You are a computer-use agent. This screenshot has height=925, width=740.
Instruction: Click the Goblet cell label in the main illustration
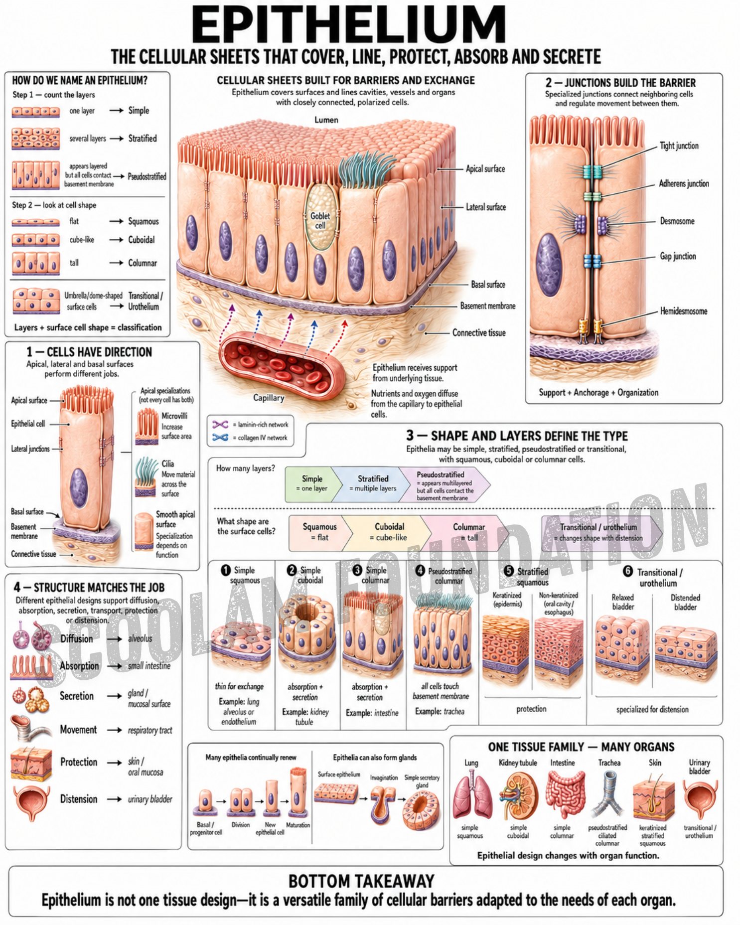(320, 220)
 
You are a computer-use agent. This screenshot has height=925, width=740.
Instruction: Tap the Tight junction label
(679, 146)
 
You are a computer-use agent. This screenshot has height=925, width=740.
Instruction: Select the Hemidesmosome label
(683, 311)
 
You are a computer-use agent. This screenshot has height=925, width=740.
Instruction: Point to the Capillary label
(269, 398)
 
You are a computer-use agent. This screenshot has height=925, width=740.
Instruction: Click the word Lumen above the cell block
(326, 120)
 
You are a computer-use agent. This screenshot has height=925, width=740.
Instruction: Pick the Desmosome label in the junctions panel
(677, 221)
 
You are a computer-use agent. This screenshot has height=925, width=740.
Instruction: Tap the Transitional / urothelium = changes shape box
(601, 532)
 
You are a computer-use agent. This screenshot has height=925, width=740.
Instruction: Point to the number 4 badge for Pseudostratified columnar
(420, 570)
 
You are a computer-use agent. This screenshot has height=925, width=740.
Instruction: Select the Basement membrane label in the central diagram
(487, 306)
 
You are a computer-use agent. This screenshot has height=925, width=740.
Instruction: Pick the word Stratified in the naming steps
(143, 139)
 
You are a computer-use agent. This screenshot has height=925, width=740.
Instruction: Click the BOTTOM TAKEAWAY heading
(361, 881)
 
